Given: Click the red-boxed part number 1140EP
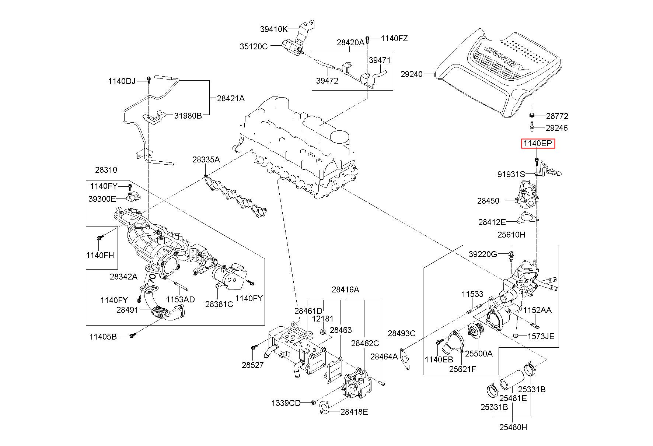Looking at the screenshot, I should (538, 144).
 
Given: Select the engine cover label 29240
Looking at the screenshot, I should (411, 74).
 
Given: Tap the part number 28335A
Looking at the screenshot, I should (206, 159).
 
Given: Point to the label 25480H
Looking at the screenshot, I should (513, 427).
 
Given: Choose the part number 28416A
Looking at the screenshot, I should (345, 289).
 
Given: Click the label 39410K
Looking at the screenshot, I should (273, 29).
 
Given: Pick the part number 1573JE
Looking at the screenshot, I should (541, 336).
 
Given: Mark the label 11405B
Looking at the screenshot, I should (103, 336).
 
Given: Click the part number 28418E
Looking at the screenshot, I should (354, 412).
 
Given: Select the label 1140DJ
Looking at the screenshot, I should (122, 81).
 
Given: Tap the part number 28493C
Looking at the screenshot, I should (401, 334).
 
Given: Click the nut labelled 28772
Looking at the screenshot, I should (532, 116).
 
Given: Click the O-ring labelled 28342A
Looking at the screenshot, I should (152, 276).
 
